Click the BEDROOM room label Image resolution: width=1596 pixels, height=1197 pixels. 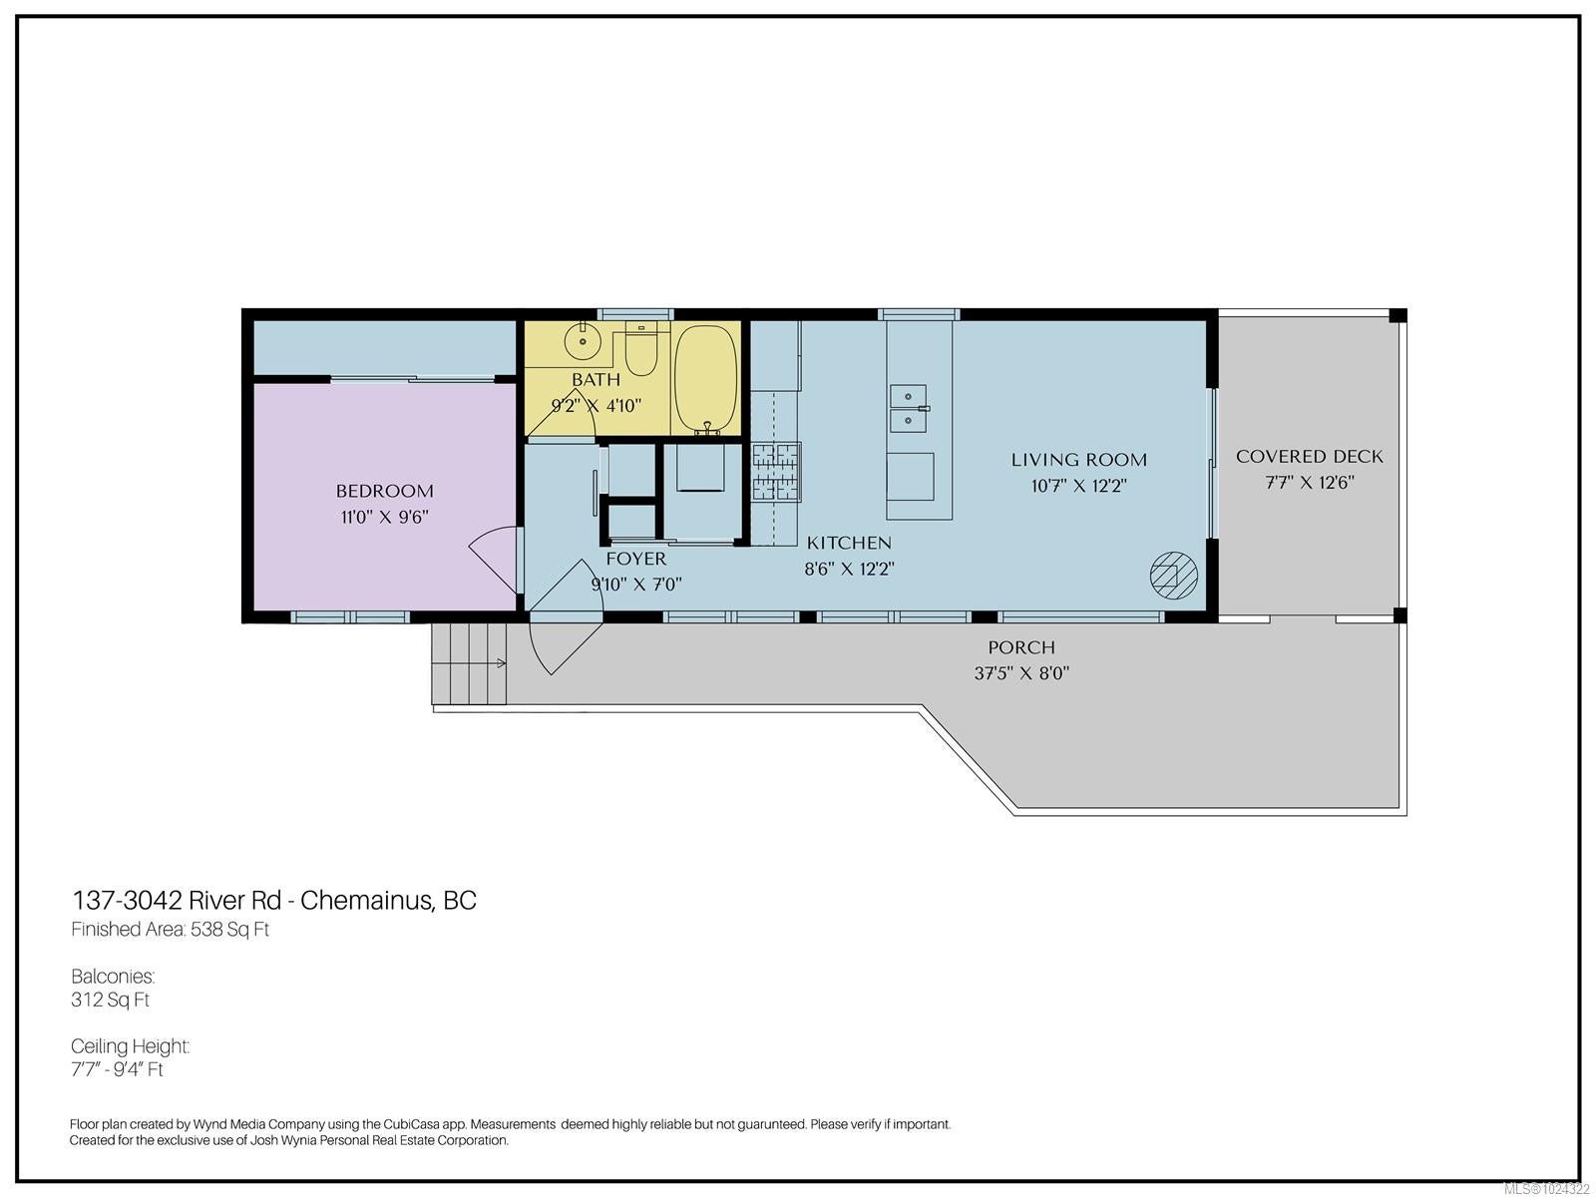click(x=385, y=492)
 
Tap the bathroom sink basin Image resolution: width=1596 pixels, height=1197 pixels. click(x=583, y=340)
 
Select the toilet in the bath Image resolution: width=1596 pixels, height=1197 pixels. click(x=640, y=350)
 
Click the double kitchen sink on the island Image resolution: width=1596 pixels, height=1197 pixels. click(x=910, y=408)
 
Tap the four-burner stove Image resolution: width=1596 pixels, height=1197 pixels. click(x=776, y=473)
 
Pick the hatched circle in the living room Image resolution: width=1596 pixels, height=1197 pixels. click(x=1173, y=575)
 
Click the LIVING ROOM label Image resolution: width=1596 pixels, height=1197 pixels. click(x=1079, y=460)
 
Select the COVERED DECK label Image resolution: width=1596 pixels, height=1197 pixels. click(x=1309, y=457)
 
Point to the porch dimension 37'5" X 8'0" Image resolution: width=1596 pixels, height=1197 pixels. click(x=1021, y=673)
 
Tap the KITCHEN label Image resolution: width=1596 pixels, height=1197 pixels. click(x=849, y=543)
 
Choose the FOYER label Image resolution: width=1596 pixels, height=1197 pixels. click(x=636, y=559)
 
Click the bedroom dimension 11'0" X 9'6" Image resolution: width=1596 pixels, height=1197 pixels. click(x=385, y=518)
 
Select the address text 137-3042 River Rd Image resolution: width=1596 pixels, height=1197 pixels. click(x=177, y=901)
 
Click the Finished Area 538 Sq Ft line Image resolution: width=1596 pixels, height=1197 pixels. click(x=171, y=930)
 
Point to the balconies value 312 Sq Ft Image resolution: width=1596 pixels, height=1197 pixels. click(x=110, y=1000)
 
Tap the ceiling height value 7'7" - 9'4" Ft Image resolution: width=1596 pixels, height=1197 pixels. click(x=117, y=1069)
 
